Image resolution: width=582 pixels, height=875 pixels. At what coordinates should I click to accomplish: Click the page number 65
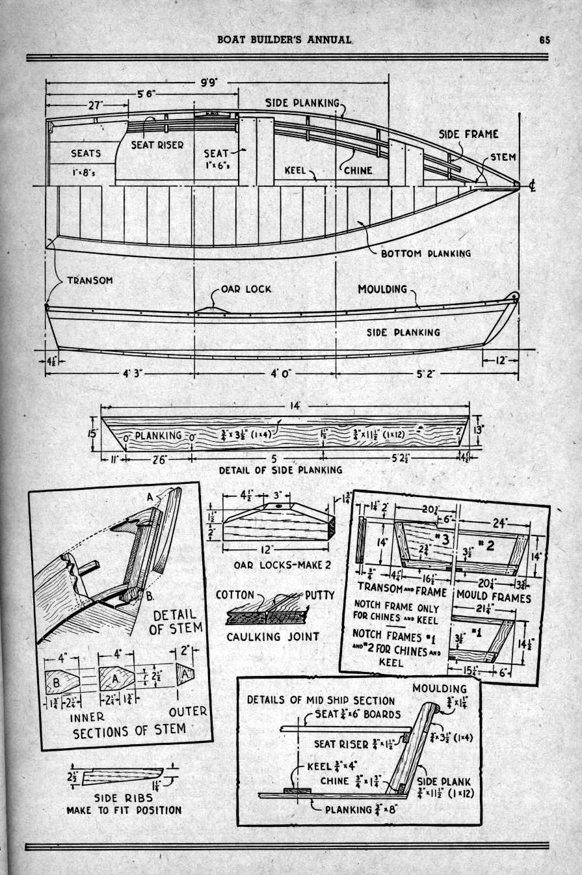click(545, 39)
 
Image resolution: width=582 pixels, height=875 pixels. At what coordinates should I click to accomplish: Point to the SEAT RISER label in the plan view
click(157, 145)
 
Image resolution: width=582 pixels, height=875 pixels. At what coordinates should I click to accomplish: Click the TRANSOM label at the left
click(90, 280)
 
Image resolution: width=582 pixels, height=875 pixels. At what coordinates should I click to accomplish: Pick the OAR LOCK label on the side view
click(246, 289)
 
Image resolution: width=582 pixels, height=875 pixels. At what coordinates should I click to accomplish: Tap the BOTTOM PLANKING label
click(426, 253)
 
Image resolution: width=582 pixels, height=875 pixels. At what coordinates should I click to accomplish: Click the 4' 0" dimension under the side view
click(265, 375)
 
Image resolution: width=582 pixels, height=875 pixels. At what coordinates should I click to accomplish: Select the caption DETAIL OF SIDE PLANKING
click(280, 469)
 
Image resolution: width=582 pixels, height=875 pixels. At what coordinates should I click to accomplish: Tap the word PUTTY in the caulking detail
click(319, 595)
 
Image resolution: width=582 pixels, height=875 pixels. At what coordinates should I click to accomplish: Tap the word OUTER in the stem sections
click(188, 712)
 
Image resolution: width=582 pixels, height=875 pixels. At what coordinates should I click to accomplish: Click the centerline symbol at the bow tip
click(532, 187)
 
